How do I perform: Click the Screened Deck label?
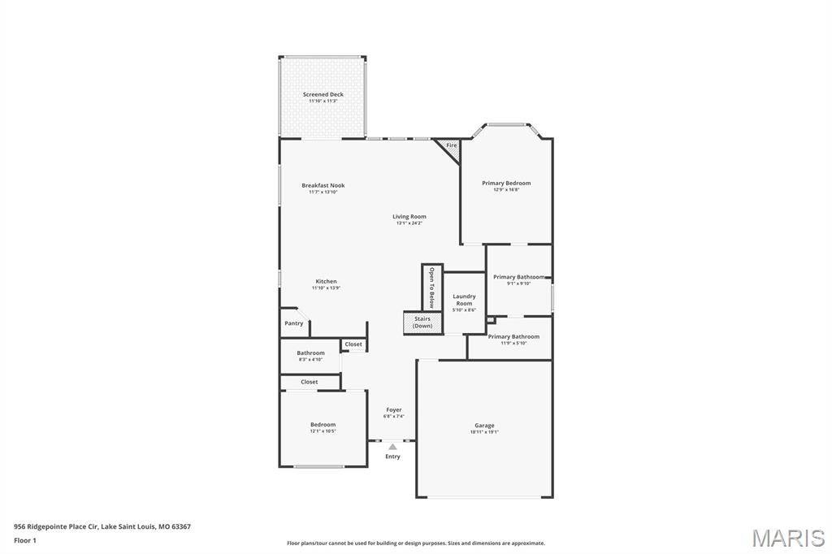tap(323, 94)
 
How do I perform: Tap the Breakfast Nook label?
tap(323, 185)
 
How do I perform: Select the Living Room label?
tap(409, 216)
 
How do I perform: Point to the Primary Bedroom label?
tap(506, 183)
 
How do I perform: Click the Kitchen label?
tap(326, 281)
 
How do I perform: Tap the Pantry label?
tap(294, 323)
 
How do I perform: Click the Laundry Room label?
tap(464, 300)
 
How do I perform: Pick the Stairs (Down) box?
tap(422, 322)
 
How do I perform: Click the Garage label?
tap(484, 425)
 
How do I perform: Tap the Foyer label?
tap(393, 410)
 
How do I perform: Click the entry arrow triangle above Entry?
tap(392, 446)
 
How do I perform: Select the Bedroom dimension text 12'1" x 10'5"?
tap(323, 431)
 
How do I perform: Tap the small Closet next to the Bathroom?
tap(353, 344)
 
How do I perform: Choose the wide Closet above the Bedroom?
tap(310, 382)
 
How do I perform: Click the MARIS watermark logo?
tap(787, 538)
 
